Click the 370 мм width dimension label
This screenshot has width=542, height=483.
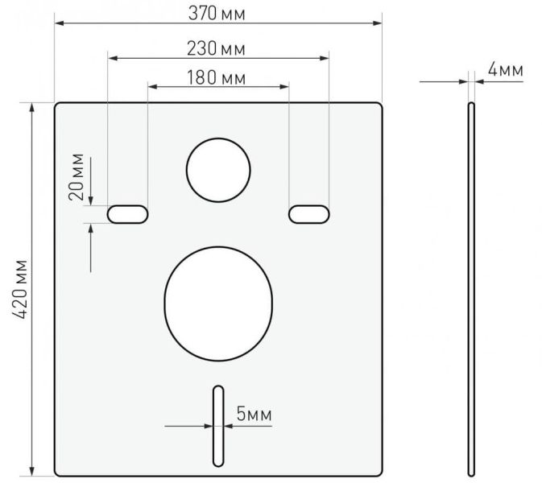[x=217, y=14]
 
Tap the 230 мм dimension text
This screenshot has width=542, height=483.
[x=216, y=48]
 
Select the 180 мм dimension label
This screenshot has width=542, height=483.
[x=217, y=78]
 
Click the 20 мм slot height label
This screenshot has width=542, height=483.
[x=77, y=177]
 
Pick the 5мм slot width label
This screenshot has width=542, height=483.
[x=254, y=414]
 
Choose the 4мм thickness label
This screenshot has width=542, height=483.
[x=506, y=70]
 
